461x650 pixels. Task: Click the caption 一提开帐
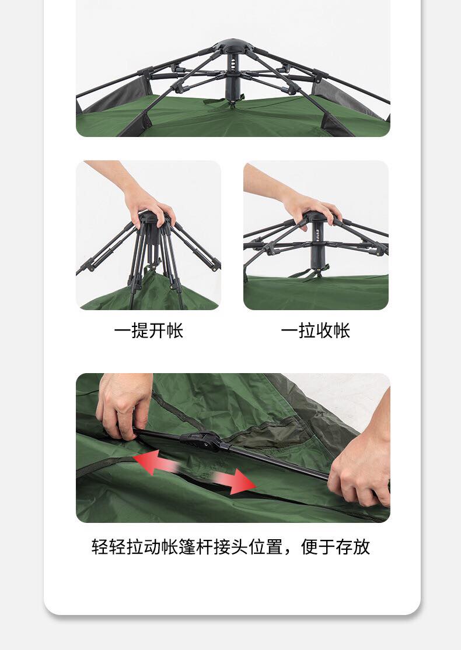[149, 331]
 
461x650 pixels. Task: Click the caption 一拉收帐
[315, 331]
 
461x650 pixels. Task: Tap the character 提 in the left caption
[140, 331]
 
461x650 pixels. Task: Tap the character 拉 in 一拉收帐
[306, 331]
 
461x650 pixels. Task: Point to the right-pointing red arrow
[235, 480]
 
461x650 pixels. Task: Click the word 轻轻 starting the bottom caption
[109, 547]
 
